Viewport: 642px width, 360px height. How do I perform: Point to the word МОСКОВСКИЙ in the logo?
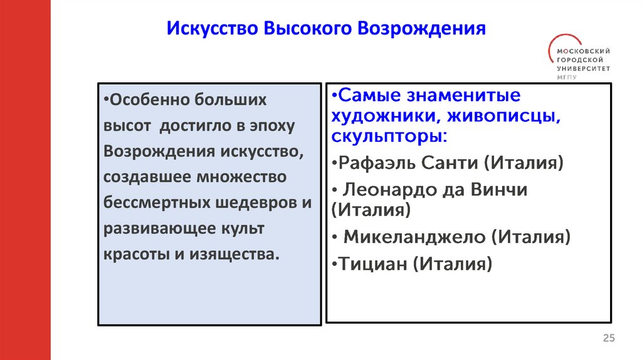(583, 50)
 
